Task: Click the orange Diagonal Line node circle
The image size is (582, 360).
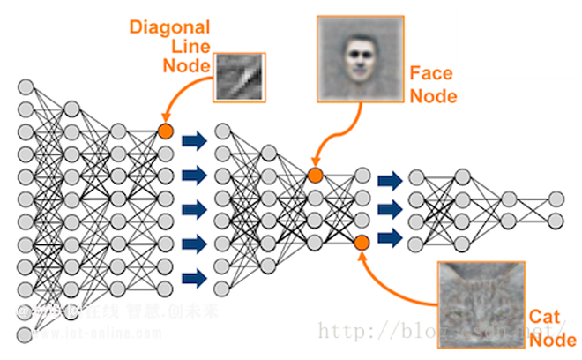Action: pos(164,132)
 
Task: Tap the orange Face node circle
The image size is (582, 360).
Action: pos(315,175)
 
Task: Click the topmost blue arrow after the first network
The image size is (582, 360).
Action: pos(194,139)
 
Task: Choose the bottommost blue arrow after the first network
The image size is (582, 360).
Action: pos(194,278)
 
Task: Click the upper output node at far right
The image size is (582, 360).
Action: pos(556,199)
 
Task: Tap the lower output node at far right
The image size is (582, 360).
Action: pos(556,220)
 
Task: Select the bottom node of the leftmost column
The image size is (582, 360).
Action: pos(26,334)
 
